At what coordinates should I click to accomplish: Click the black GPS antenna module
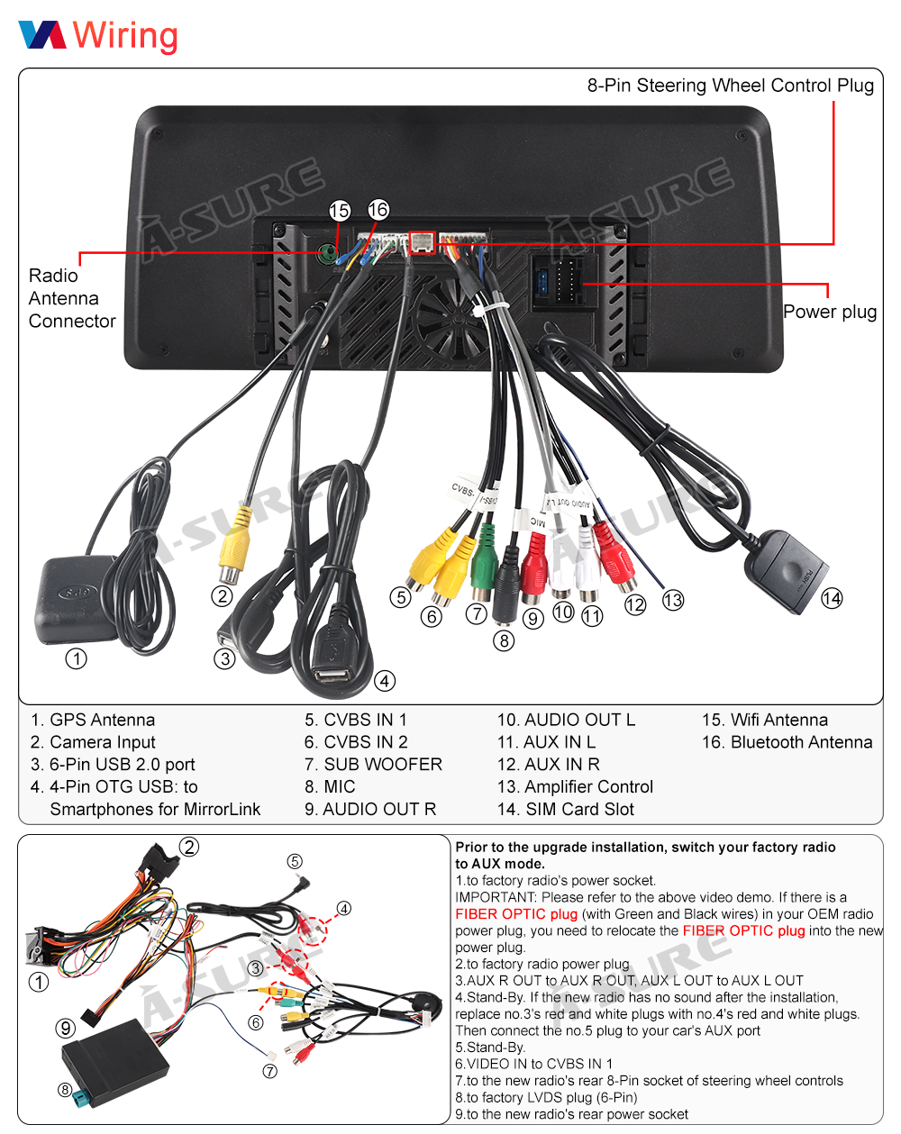tap(76, 599)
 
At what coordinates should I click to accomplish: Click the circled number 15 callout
tap(339, 210)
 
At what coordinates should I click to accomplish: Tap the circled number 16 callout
tap(378, 209)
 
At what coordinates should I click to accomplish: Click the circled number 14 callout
tap(832, 598)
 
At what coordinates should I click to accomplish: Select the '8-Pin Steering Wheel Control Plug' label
tap(730, 86)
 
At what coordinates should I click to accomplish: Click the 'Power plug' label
tap(829, 312)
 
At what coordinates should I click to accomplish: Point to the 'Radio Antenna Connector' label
tap(71, 298)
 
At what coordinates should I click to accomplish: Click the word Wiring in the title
tap(125, 36)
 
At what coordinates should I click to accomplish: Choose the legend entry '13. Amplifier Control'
tap(575, 786)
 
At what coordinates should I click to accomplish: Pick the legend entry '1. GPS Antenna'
tap(93, 720)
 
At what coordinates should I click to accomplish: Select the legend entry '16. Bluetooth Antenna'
tap(787, 742)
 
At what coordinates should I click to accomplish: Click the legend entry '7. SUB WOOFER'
tap(373, 765)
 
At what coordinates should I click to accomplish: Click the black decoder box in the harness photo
tap(114, 1059)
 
